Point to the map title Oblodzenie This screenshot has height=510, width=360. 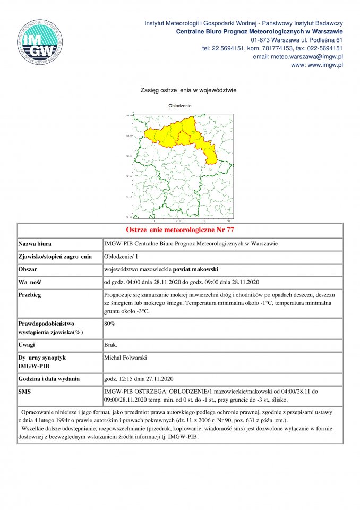point(180,106)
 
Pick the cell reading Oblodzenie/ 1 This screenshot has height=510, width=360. point(121,257)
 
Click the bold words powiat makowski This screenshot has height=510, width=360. point(194,269)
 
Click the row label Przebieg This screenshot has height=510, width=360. point(31,294)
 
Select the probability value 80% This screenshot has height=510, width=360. point(109,323)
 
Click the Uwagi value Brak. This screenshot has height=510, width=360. point(111,345)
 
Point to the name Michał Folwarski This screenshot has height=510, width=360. point(126,358)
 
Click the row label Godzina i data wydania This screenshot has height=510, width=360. point(49,379)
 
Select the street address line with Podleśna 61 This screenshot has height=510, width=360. point(296,40)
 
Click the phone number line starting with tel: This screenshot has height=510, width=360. point(272,48)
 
